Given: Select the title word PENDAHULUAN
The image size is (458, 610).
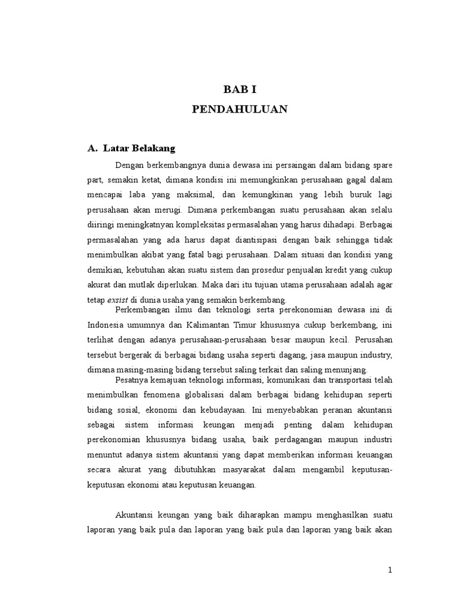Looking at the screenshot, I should pos(239,109).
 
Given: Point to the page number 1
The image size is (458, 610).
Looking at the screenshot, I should pos(390,570).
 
